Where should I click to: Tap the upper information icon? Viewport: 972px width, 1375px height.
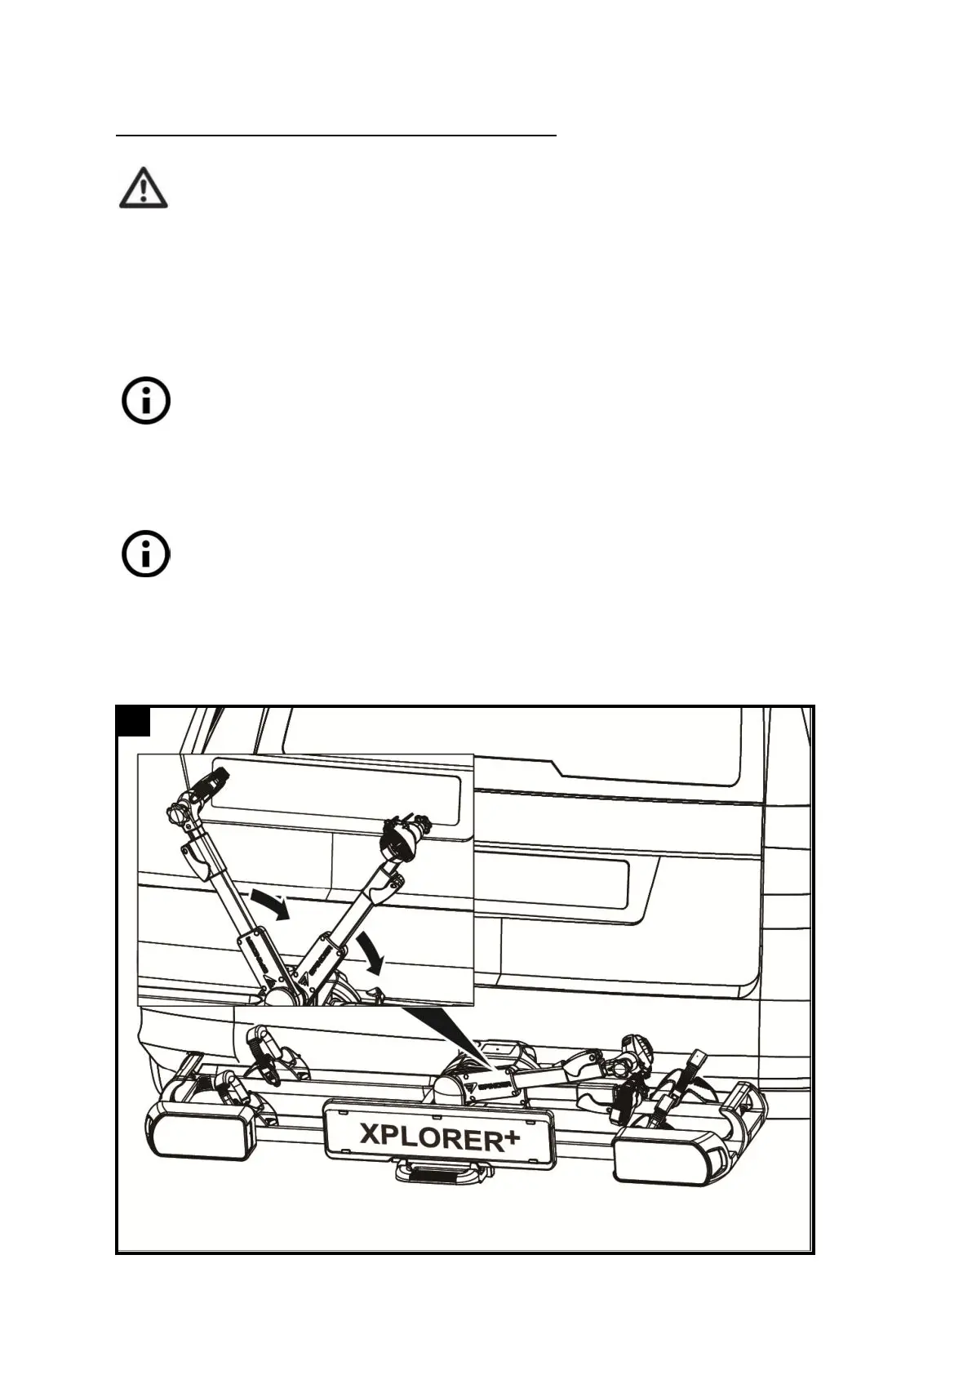pos(146,401)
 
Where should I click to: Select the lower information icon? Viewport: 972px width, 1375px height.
pos(146,555)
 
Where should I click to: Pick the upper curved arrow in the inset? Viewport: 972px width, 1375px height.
pos(270,905)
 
